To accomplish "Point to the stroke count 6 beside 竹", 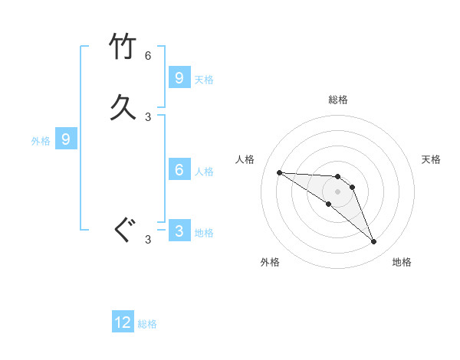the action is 148,56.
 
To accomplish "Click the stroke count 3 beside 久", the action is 148,117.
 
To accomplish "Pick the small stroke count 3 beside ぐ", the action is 148,240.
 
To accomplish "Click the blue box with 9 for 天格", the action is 179,77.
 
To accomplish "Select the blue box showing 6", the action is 179,169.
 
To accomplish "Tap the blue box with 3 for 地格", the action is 179,231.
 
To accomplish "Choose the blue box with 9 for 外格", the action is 66,139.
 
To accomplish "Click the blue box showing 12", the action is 123,322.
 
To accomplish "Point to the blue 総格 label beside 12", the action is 147,324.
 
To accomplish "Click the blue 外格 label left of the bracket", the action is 41,141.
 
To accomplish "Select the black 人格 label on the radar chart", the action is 245,159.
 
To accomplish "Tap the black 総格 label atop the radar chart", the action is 338,100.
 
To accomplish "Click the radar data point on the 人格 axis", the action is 279,172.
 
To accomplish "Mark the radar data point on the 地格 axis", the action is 373,242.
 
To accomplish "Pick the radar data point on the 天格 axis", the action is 352,187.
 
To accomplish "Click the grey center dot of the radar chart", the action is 337,191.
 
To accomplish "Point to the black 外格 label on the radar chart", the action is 270,262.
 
